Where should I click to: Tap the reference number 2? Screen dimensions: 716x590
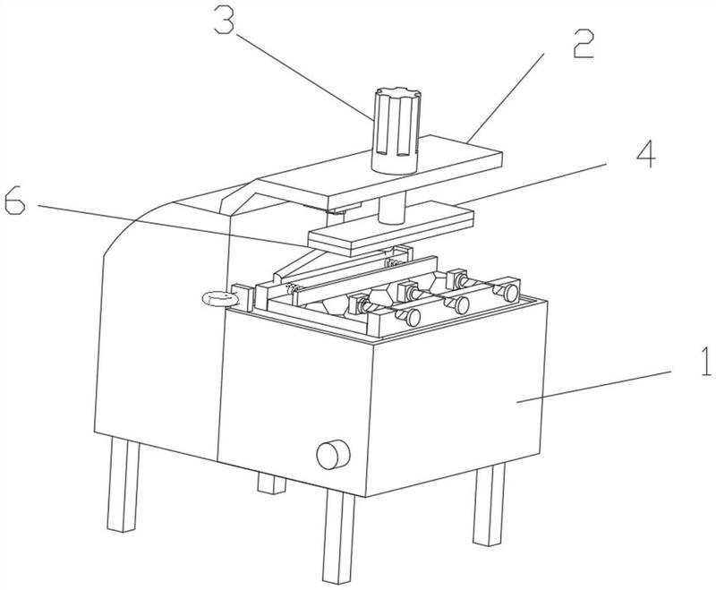[584, 44]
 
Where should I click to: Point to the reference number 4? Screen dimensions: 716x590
[646, 153]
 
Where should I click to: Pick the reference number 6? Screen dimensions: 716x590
[14, 201]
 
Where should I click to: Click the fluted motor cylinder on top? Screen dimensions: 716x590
[396, 131]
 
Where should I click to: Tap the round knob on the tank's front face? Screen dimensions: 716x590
[333, 455]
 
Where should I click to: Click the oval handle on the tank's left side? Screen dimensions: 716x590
[219, 299]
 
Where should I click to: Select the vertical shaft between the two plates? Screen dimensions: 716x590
[393, 208]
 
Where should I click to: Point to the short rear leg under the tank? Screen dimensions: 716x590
[272, 483]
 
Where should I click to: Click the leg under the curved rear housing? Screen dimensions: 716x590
[123, 485]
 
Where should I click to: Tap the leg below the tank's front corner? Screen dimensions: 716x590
[338, 535]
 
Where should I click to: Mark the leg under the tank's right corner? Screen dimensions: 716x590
[489, 505]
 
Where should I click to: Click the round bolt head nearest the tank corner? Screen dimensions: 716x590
[413, 318]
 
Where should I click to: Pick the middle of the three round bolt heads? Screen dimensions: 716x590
[462, 305]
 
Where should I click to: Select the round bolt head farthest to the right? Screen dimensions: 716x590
[510, 293]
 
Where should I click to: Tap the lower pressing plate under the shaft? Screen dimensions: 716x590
[391, 230]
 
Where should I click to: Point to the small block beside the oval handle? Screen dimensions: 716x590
[243, 297]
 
